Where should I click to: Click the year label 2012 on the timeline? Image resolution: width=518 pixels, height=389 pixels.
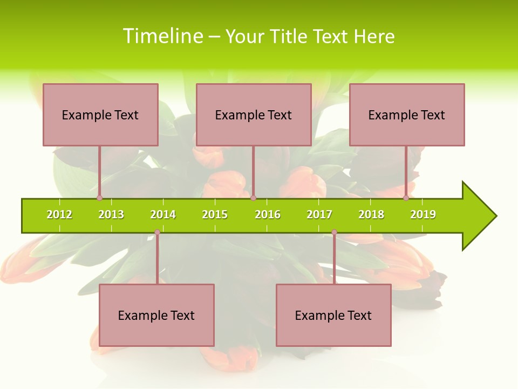[x=59, y=214]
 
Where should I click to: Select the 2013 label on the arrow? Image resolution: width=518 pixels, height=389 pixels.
[x=111, y=214]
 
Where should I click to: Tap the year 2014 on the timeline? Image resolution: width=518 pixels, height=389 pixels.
[x=163, y=214]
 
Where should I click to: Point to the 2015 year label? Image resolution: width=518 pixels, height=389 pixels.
[x=215, y=214]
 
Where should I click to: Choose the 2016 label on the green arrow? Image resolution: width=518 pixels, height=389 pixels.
[x=268, y=214]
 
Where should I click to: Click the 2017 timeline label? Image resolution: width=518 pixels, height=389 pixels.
[x=319, y=214]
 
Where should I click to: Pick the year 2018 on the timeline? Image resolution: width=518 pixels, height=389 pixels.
[x=371, y=214]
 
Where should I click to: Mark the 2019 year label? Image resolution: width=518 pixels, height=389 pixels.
[x=423, y=214]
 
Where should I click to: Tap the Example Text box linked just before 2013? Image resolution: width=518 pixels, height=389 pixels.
[x=100, y=115]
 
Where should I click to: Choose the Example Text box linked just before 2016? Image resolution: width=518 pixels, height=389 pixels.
[x=254, y=115]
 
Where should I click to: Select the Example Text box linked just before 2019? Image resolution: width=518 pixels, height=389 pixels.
[x=407, y=115]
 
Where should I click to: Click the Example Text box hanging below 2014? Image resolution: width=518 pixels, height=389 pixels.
[x=156, y=315]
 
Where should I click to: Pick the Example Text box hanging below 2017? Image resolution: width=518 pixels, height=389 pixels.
[x=333, y=315]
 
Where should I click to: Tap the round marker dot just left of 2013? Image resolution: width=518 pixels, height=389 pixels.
[x=99, y=198]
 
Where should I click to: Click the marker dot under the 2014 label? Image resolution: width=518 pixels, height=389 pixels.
[x=157, y=232]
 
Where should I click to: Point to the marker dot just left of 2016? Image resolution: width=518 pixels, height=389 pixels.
[x=253, y=198]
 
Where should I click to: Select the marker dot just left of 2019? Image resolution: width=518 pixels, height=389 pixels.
[x=406, y=198]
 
